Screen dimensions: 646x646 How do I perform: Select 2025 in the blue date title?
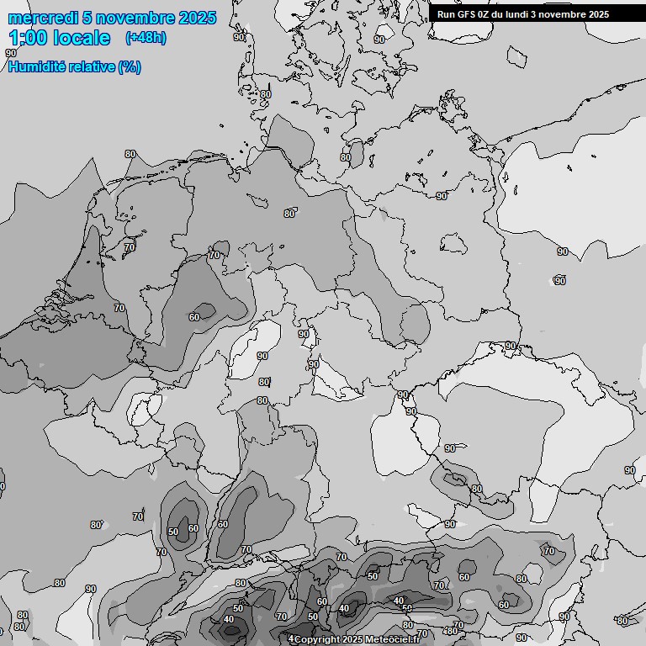point(197,18)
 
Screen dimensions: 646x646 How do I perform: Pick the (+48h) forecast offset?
point(145,38)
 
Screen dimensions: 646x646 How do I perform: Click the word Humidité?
point(35,67)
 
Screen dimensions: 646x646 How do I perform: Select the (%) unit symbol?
point(130,67)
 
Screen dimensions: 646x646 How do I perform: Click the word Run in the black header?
point(446,14)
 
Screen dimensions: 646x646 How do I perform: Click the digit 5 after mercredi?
point(87,18)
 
